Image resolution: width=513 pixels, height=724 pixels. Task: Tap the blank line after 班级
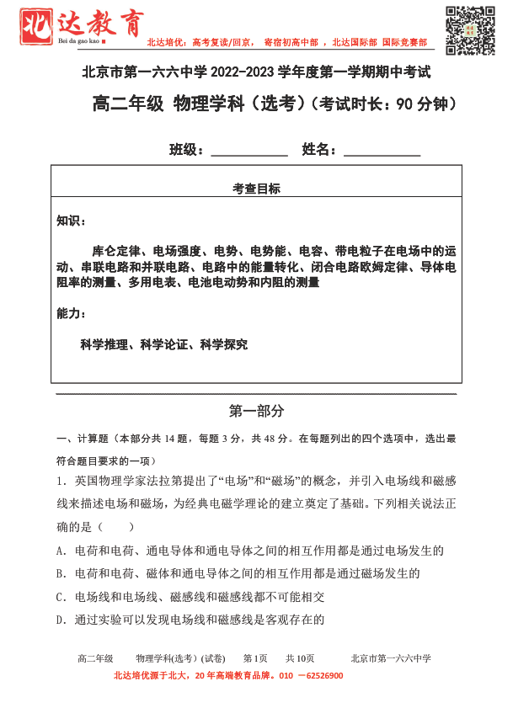tap(248, 152)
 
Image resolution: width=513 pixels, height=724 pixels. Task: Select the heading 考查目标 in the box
tap(257, 189)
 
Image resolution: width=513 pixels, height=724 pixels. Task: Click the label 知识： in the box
tap(71, 221)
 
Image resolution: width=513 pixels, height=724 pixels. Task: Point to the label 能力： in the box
tap(71, 313)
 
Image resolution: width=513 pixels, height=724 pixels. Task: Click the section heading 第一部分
tap(257, 411)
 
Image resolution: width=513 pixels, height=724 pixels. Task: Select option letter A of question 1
tap(61, 551)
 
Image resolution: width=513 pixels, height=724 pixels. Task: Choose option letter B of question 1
tap(61, 574)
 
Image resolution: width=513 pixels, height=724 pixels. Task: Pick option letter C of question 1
tap(61, 597)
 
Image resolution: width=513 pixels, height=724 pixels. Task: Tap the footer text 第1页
tap(255, 658)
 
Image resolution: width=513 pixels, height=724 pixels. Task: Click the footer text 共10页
tap(300, 658)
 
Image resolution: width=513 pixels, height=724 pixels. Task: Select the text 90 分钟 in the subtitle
tap(425, 104)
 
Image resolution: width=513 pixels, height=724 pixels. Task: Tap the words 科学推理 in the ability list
tap(104, 344)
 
